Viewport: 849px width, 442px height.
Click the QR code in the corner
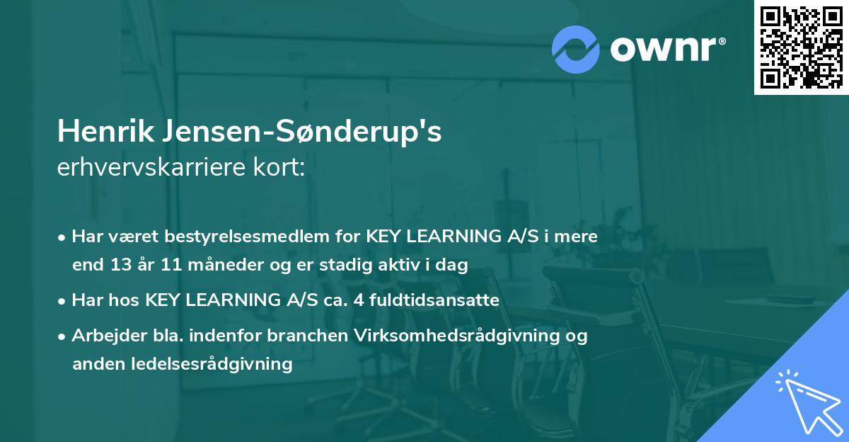pos(801,47)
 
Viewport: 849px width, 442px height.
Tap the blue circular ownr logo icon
pos(575,50)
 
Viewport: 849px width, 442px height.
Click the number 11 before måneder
pos(163,266)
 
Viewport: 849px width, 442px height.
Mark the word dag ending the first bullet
pos(454,266)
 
